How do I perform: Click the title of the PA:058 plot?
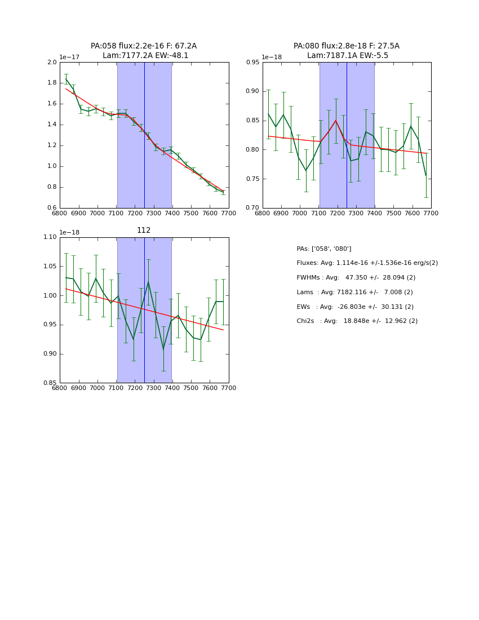144,51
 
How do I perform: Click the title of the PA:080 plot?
347,51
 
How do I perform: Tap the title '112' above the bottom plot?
144,231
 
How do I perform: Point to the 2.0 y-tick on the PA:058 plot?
52,63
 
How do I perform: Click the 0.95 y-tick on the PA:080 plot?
252,63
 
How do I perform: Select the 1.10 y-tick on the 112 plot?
50,237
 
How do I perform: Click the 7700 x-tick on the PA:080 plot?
431,213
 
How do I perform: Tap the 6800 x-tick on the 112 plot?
60,388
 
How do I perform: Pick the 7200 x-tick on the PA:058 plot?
135,213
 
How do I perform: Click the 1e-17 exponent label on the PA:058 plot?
70,57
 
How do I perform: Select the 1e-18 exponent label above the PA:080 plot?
272,57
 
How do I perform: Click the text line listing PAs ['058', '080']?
324,249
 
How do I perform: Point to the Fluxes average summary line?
367,263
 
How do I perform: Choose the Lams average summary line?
354,293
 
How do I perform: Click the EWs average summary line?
355,307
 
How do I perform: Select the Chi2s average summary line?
357,321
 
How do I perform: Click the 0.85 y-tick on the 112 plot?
50,383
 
